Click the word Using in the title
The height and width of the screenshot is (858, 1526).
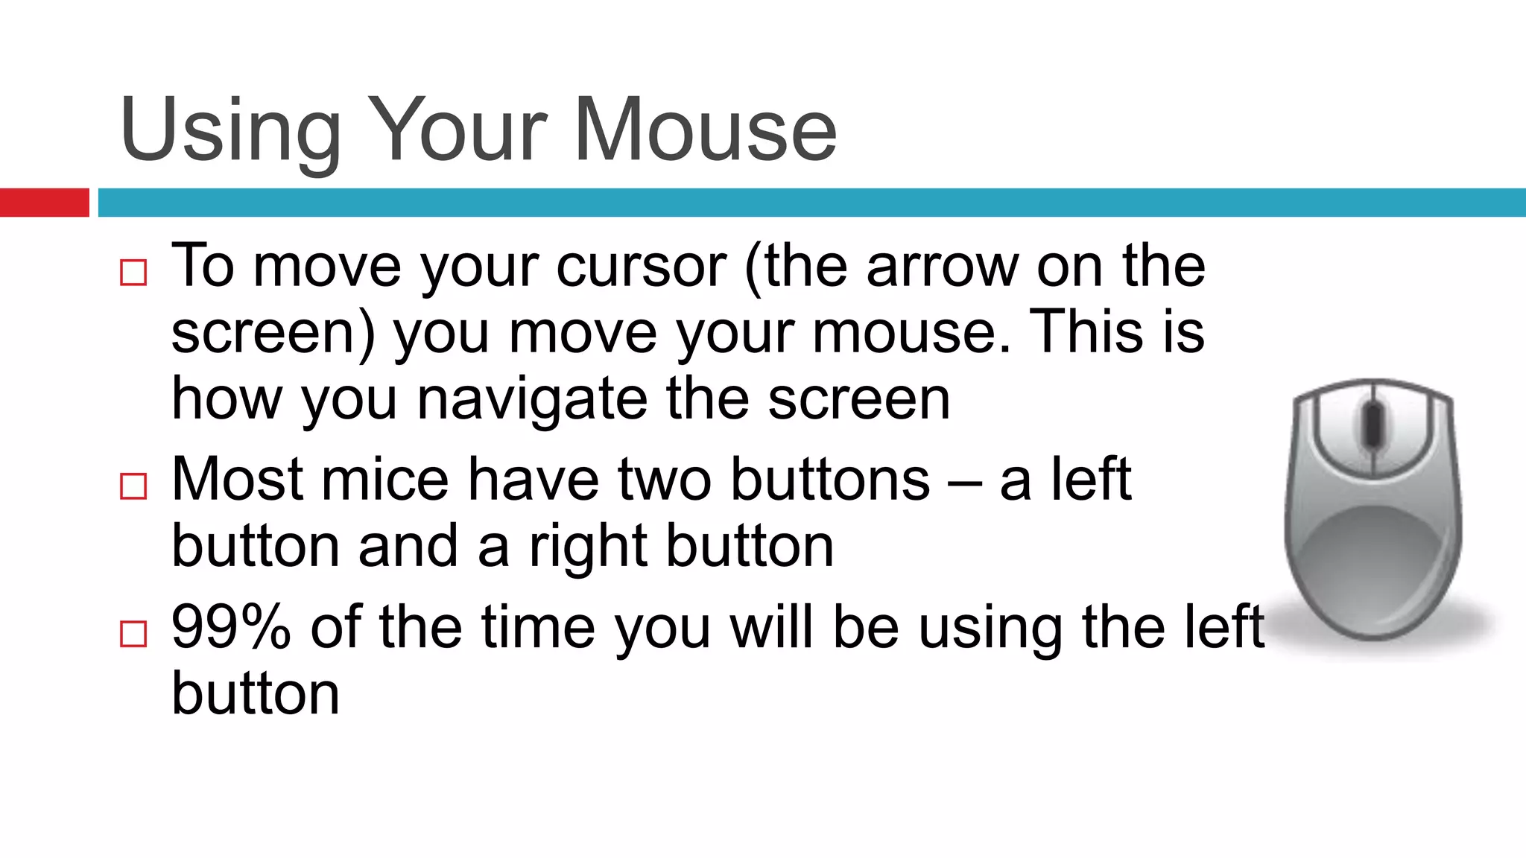(x=230, y=131)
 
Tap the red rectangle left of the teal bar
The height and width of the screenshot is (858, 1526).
(x=44, y=203)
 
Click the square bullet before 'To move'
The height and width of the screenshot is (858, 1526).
(x=133, y=273)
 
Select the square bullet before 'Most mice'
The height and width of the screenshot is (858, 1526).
(x=133, y=486)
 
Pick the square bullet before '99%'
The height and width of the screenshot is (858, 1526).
(x=133, y=634)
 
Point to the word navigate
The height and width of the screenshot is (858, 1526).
(x=531, y=400)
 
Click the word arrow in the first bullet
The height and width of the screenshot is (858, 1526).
(x=941, y=267)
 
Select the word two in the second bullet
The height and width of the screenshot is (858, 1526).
(x=663, y=480)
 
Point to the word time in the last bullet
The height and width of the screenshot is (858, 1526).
(x=537, y=627)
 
